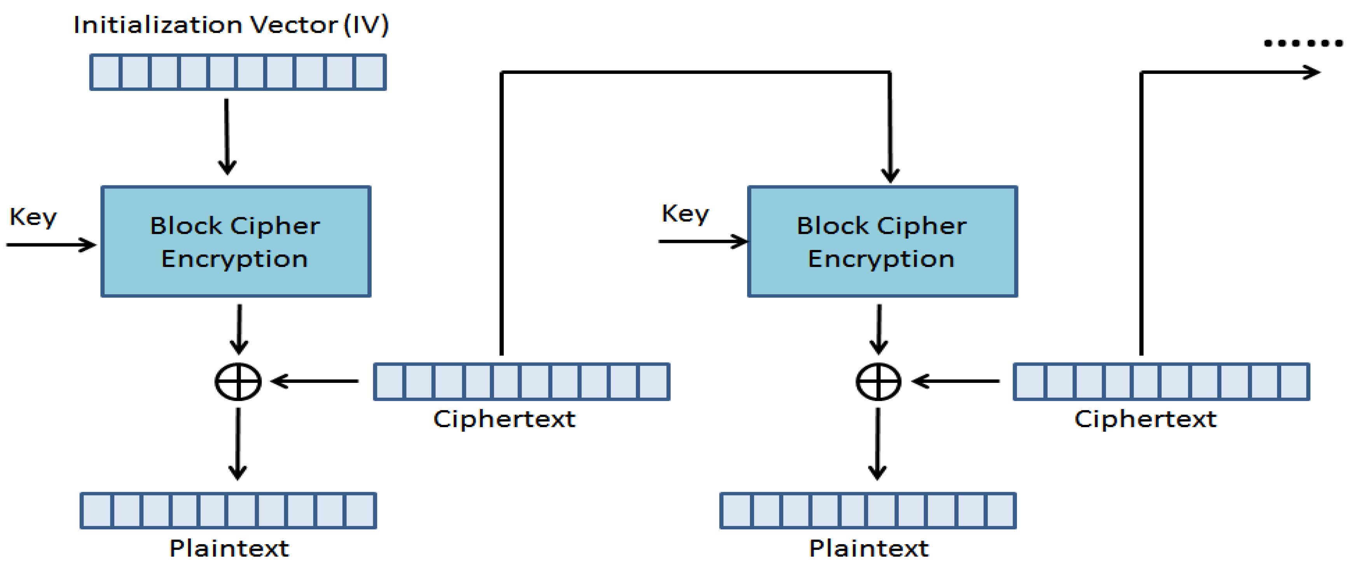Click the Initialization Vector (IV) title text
click(x=231, y=24)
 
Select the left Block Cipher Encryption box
click(x=236, y=241)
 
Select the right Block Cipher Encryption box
click(x=882, y=241)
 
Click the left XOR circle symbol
click(x=238, y=382)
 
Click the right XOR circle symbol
click(x=878, y=382)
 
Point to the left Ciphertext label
click(x=504, y=419)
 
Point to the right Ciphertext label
click(x=1145, y=419)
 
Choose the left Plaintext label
click(x=229, y=548)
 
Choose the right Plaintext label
click(x=869, y=548)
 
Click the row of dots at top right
click(x=1303, y=43)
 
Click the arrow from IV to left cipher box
click(x=227, y=136)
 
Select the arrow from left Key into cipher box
click(x=51, y=244)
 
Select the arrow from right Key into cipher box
click(x=702, y=241)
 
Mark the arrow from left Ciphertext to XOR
click(x=315, y=381)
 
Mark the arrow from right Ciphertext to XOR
click(x=955, y=381)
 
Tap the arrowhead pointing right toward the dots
click(x=1312, y=72)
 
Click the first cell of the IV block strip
click(x=106, y=72)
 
